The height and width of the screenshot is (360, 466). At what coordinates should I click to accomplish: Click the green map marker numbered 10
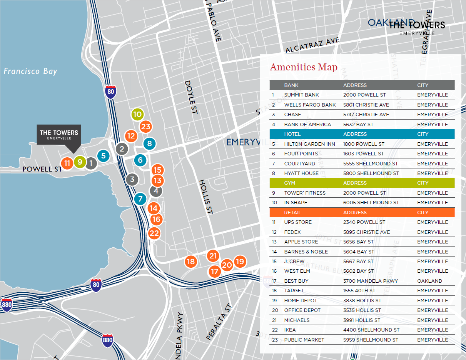tap(137, 114)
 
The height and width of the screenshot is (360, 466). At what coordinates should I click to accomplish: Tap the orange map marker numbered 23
tap(145, 127)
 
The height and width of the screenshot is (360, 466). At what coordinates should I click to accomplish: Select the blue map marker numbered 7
tap(140, 199)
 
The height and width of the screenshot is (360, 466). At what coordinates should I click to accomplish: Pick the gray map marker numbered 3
tap(132, 179)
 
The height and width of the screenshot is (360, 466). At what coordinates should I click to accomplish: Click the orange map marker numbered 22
tap(154, 233)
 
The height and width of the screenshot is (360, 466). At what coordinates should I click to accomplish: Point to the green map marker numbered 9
tap(80, 162)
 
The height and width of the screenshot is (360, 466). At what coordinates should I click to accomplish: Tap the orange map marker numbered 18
tap(190, 262)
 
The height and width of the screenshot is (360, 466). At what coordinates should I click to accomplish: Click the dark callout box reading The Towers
tap(59, 135)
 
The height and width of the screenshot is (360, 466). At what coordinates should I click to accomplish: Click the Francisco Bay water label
tap(30, 71)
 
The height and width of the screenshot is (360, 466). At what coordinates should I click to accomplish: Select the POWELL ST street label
tap(42, 169)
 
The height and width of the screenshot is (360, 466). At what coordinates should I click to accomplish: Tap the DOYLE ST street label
tap(191, 97)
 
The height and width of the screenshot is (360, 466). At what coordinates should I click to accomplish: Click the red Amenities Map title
tap(304, 67)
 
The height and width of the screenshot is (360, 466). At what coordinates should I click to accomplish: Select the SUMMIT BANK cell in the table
tap(301, 95)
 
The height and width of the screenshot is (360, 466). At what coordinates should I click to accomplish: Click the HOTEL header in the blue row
tap(292, 134)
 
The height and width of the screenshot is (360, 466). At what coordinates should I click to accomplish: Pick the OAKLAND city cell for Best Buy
tap(429, 281)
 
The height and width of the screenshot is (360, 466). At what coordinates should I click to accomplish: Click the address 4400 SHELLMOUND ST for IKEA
tap(371, 330)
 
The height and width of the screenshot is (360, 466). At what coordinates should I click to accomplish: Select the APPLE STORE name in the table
tap(301, 242)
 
